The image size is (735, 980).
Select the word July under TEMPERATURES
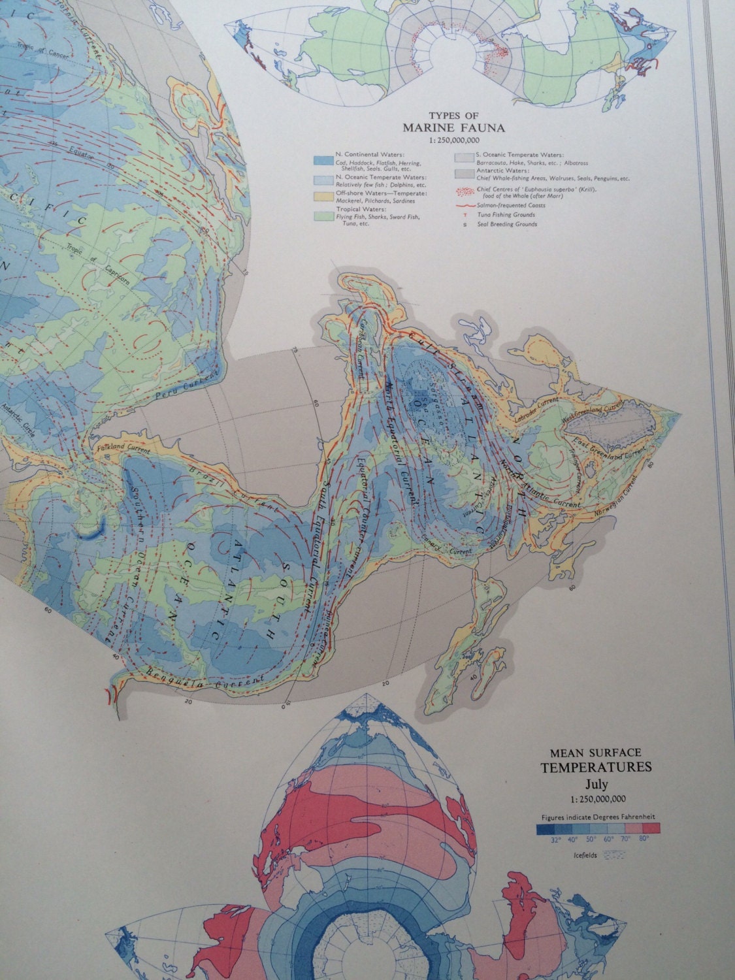click(x=595, y=784)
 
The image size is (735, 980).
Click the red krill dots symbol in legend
click(x=463, y=193)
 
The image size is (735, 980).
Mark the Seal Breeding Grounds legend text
click(x=507, y=224)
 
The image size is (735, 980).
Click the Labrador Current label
click(x=535, y=400)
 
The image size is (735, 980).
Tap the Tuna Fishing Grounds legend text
click(x=506, y=215)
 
